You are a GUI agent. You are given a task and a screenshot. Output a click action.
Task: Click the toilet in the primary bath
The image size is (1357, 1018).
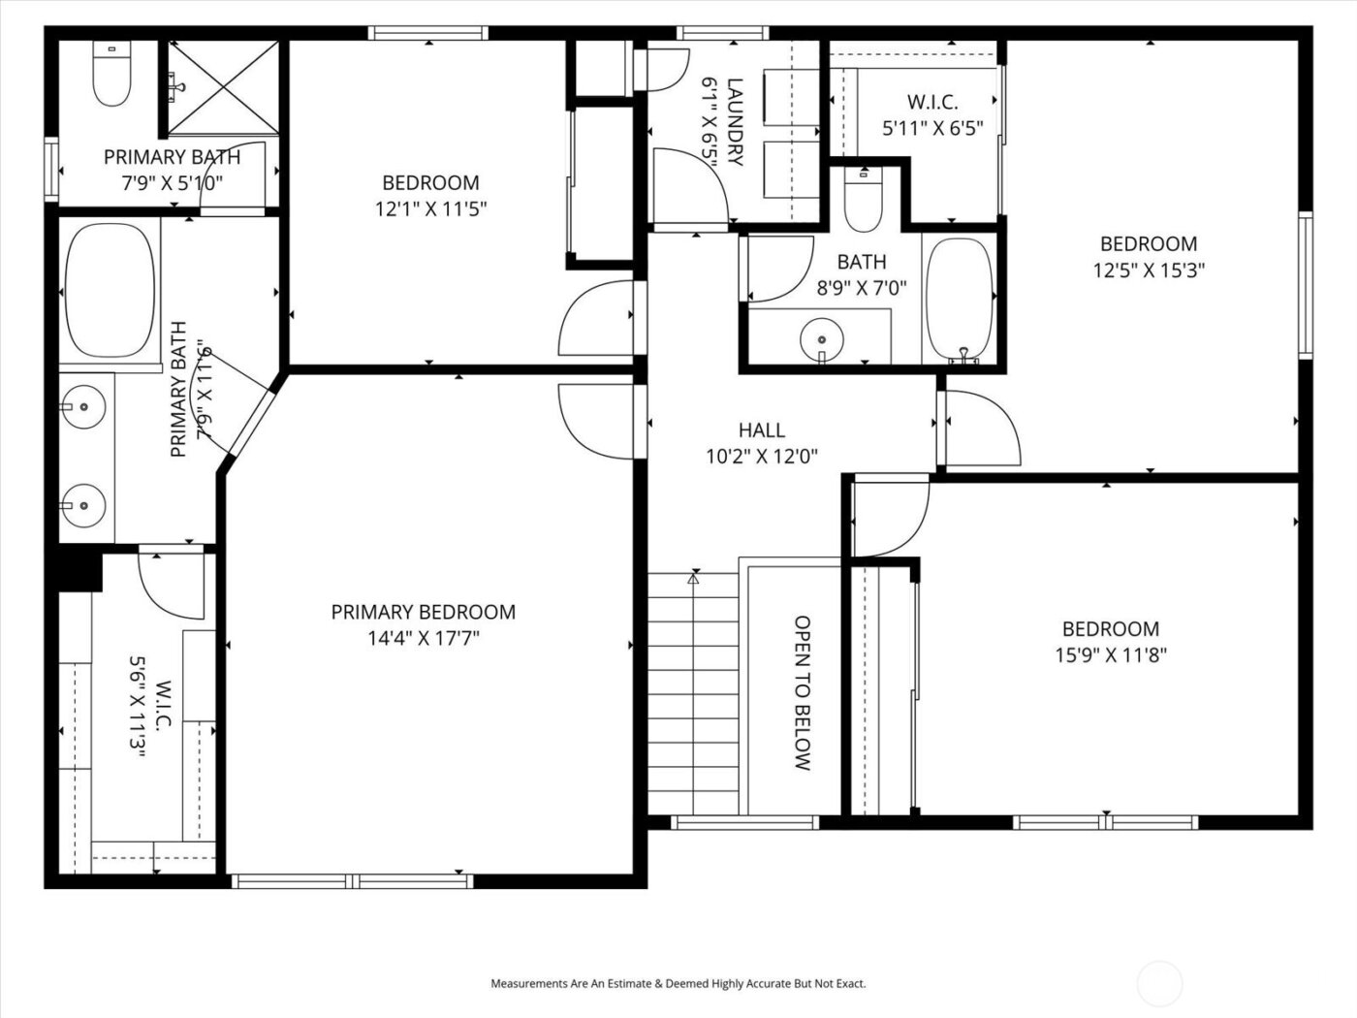click(111, 76)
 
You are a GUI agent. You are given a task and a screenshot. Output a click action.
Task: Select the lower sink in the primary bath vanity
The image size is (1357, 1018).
click(84, 504)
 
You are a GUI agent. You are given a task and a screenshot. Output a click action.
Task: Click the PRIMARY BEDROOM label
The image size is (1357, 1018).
click(423, 612)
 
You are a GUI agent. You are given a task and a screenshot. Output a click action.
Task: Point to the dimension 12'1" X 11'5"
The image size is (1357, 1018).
click(430, 208)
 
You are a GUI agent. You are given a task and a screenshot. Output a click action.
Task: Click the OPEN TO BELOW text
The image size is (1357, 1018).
click(802, 692)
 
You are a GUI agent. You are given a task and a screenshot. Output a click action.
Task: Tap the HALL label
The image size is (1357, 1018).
click(761, 429)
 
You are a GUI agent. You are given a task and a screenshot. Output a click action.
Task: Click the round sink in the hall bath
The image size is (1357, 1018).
click(822, 339)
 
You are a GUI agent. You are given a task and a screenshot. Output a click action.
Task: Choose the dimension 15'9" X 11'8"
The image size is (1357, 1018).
click(1110, 655)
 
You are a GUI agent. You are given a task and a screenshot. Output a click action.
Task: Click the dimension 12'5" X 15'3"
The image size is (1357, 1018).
click(1149, 270)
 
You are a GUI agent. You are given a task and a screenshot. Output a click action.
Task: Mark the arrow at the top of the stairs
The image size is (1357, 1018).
click(693, 579)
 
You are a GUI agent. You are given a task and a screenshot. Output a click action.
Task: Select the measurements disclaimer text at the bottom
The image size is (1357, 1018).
click(678, 983)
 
